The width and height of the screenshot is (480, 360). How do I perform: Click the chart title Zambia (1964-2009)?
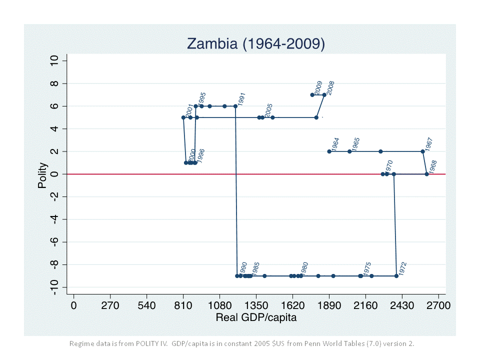click(255, 44)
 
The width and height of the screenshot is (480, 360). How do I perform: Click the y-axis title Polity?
click(43, 175)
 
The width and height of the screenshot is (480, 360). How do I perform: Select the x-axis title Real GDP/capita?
click(256, 317)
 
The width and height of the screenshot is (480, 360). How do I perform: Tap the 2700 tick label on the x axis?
click(438, 305)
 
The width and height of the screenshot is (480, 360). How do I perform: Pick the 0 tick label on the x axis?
click(73, 305)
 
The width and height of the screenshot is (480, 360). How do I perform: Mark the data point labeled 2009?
click(312, 95)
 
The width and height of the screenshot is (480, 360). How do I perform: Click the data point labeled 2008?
click(324, 95)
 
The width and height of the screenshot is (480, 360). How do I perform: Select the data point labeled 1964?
click(329, 151)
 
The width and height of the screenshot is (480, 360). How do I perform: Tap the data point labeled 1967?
click(422, 151)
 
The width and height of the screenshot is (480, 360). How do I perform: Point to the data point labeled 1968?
click(426, 174)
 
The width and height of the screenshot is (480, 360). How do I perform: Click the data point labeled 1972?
click(396, 276)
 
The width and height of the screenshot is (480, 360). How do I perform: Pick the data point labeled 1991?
click(235, 106)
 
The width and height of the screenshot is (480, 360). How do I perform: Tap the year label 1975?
click(367, 268)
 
